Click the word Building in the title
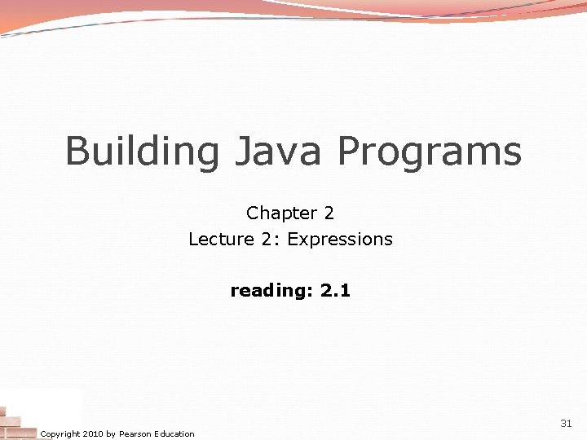click(143, 152)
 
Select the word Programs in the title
click(430, 152)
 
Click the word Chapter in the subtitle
click(281, 213)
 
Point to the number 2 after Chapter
click(329, 213)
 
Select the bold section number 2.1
click(335, 290)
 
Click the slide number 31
click(566, 424)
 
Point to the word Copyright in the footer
click(60, 433)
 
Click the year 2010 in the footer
click(93, 433)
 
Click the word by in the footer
click(111, 433)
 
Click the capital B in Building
click(77, 152)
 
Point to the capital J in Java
click(246, 152)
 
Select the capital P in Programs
click(348, 152)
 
